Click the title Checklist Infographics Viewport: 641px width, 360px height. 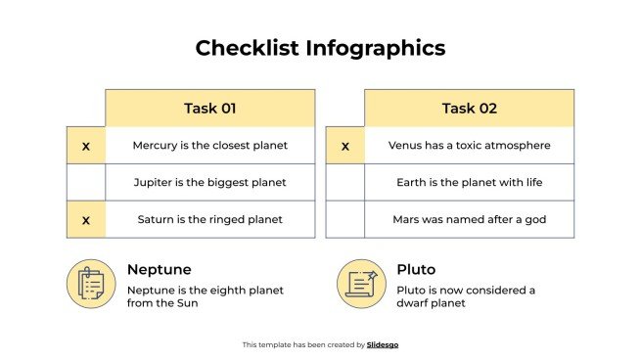click(320, 47)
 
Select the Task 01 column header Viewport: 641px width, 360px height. click(209, 108)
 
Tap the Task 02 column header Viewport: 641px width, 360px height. click(469, 108)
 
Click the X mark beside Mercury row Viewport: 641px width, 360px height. click(85, 146)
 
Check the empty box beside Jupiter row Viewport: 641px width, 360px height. click(85, 182)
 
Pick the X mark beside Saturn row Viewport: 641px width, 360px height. click(85, 219)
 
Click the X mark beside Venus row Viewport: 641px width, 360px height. click(344, 146)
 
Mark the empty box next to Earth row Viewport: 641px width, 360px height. click(344, 182)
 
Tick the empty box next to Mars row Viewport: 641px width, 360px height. click(344, 219)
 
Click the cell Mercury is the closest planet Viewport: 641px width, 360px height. click(209, 146)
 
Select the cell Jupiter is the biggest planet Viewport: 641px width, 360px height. click(209, 182)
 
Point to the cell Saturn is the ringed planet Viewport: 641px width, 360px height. click(209, 219)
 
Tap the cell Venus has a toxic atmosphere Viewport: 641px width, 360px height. click(469, 146)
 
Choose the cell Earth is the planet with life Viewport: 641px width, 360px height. click(469, 182)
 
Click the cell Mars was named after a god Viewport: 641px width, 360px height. click(469, 219)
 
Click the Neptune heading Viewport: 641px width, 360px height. click(159, 269)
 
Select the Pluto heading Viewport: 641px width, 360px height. click(416, 269)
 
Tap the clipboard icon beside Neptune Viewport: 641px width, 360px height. click(91, 284)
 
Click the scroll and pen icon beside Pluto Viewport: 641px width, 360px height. click(361, 284)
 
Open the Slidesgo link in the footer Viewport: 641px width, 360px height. click(383, 344)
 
